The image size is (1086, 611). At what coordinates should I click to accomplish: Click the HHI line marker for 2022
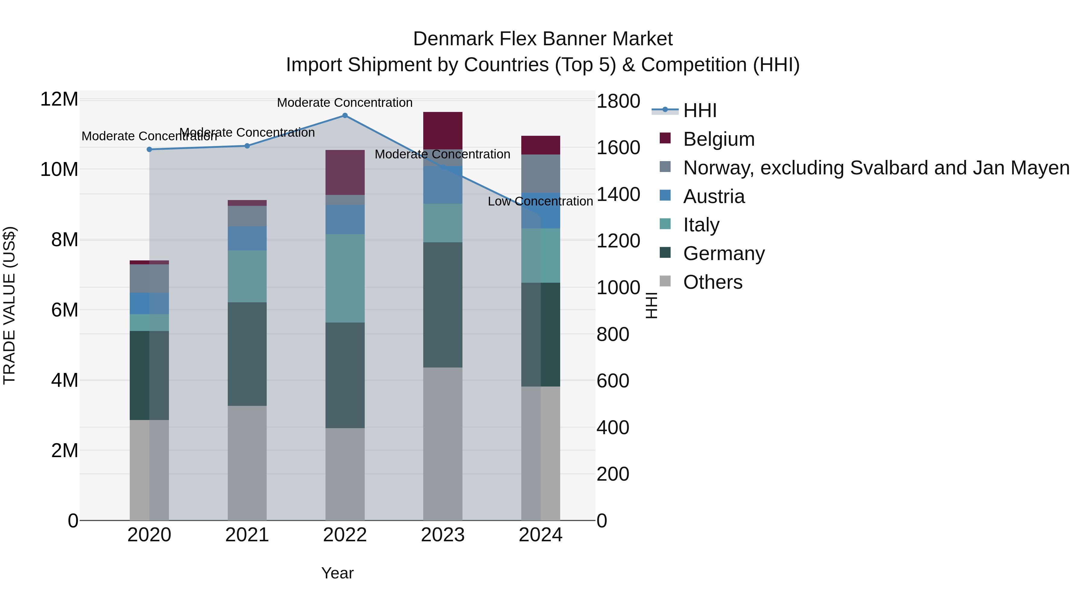(345, 116)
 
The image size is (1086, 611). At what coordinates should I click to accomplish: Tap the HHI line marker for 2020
(149, 149)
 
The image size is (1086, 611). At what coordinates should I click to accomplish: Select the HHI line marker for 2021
(247, 146)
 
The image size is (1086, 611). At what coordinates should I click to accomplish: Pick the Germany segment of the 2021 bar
(247, 354)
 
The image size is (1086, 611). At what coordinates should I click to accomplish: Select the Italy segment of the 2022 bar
(345, 278)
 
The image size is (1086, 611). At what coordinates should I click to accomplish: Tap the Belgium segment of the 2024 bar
(541, 145)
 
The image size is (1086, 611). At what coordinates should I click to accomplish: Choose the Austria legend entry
(713, 196)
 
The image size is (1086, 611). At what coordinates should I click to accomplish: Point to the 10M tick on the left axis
(59, 170)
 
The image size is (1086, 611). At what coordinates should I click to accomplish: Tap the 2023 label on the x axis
(443, 535)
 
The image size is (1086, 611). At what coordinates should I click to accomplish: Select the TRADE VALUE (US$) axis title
(9, 305)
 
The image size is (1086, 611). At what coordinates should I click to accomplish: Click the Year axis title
(337, 573)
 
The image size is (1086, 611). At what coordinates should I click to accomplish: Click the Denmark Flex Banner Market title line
(543, 39)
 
